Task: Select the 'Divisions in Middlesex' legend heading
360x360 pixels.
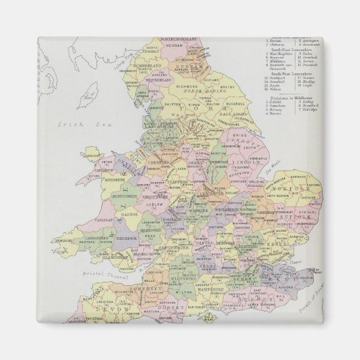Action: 289,98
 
